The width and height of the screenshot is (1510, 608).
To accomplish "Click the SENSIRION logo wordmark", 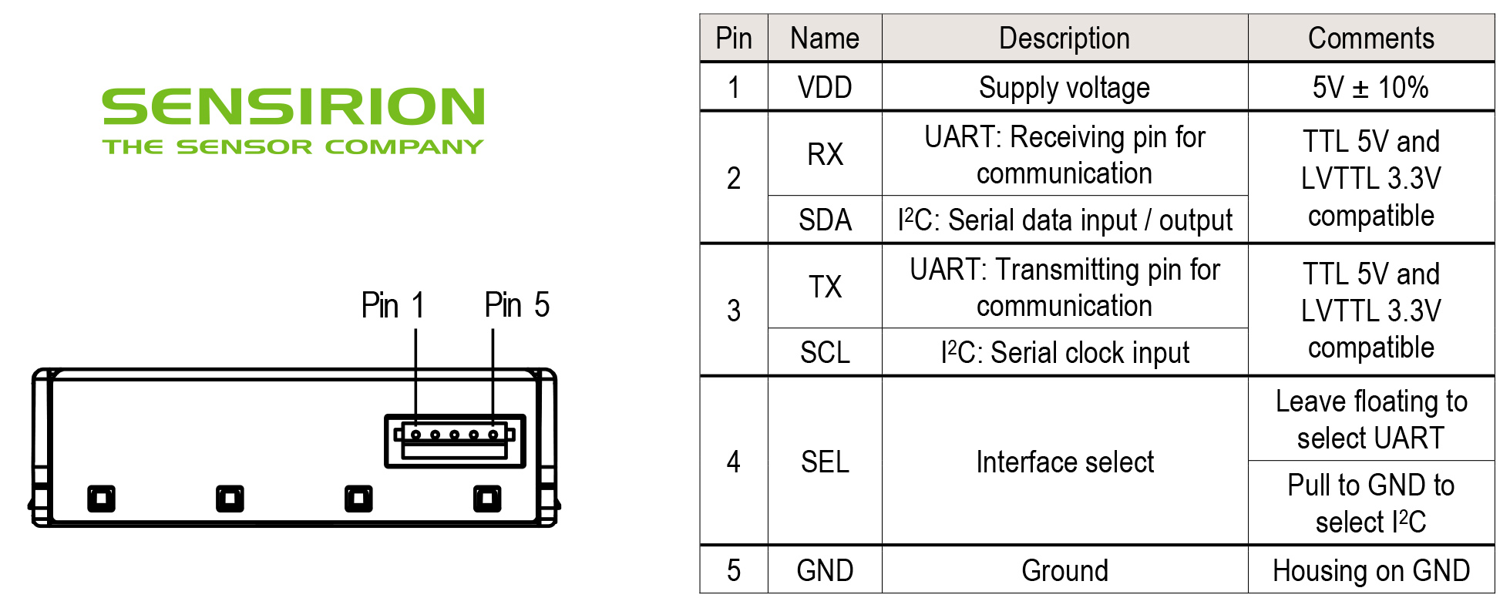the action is click(293, 106).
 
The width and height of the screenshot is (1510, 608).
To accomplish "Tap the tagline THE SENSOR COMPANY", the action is click(293, 146).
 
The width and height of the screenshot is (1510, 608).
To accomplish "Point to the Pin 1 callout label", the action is click(392, 305).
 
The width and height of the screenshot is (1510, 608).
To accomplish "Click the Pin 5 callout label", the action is click(516, 305).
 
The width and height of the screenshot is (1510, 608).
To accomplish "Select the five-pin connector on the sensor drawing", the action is click(455, 442).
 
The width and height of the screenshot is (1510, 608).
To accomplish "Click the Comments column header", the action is click(1370, 38).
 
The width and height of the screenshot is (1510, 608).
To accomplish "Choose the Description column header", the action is click(1064, 38).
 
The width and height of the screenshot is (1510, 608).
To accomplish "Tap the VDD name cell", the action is click(825, 87).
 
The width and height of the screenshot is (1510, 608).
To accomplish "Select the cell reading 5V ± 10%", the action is click(1370, 87).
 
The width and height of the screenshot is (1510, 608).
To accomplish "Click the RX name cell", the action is click(825, 154).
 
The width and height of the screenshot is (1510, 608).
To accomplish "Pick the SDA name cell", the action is click(825, 220).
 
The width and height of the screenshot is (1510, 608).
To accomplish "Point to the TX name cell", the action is click(825, 287).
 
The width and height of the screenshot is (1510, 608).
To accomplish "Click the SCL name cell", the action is click(825, 353).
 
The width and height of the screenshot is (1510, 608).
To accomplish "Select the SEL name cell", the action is click(825, 462).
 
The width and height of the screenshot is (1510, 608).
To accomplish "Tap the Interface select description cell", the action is click(1064, 462).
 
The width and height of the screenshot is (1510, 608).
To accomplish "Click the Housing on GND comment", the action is click(1370, 570).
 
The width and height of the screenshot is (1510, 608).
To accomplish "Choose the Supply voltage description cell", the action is click(1064, 87).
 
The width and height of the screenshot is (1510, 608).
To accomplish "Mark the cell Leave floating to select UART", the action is click(1370, 419).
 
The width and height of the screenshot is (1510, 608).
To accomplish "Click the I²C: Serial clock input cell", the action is click(1064, 353).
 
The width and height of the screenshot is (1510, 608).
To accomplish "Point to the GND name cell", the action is click(825, 570).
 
